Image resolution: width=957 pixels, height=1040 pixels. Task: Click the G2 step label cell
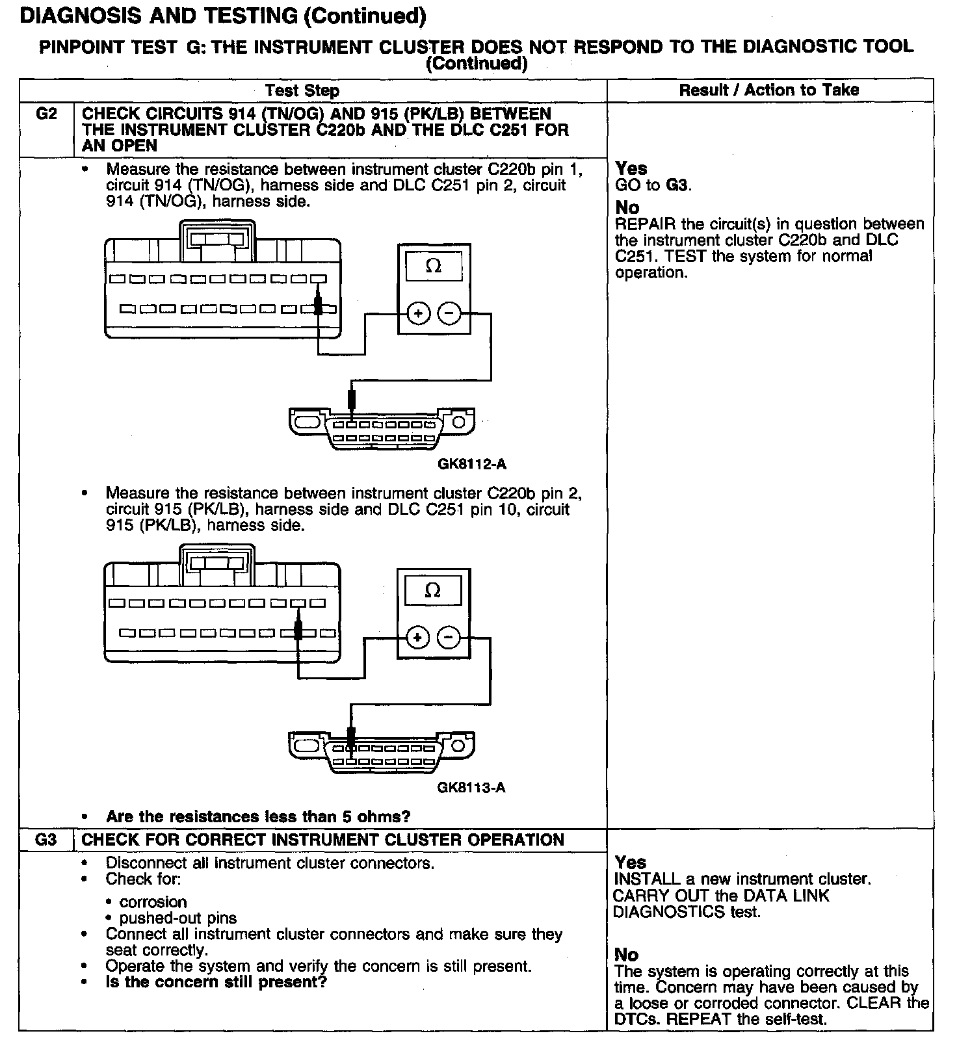46,114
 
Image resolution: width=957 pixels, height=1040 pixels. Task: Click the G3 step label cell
46,840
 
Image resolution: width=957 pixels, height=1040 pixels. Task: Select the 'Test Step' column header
302,90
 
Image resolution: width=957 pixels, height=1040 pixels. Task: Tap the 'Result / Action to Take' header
769,90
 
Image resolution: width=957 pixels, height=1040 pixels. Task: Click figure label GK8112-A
471,464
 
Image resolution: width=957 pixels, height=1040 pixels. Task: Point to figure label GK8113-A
471,788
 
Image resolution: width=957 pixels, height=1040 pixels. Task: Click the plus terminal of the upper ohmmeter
418,314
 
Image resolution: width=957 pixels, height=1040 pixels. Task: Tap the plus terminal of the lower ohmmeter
417,638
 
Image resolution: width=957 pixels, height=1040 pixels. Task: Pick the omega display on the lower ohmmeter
432,590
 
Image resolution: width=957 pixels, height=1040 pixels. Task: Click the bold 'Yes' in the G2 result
631,169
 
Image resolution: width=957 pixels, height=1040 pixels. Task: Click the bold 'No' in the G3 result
626,954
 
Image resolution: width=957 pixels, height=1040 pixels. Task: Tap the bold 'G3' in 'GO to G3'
676,185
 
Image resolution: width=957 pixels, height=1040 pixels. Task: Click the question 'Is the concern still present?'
216,982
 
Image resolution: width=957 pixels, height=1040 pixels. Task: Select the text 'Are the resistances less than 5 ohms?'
258,816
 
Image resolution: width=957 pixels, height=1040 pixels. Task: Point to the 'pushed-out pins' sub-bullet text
177,918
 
